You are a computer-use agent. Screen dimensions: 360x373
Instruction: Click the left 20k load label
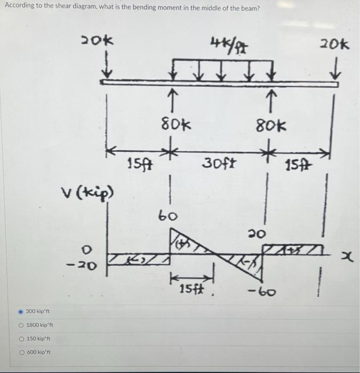click(97, 40)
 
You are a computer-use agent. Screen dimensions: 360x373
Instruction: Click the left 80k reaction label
click(177, 126)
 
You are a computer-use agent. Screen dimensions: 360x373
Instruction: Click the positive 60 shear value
click(169, 215)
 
